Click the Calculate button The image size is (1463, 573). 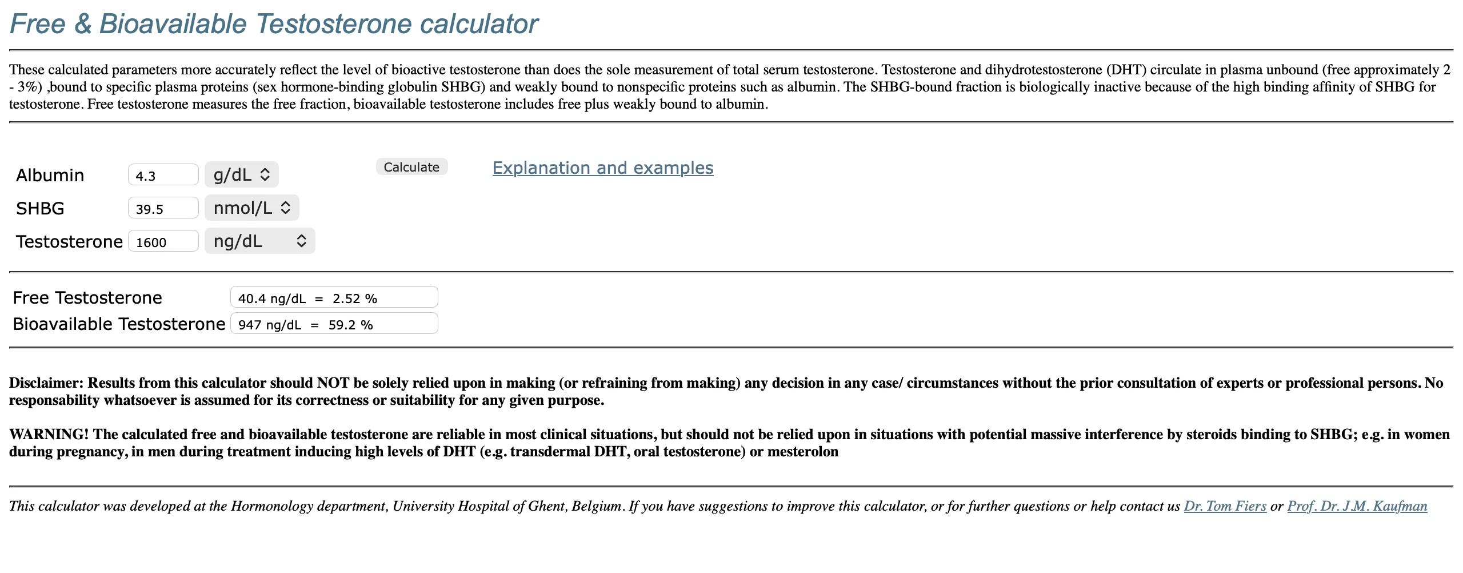(411, 167)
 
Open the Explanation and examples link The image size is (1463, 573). (603, 168)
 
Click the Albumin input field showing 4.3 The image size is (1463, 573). (163, 175)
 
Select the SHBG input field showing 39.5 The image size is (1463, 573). (163, 208)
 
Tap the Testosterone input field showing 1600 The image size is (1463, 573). (163, 241)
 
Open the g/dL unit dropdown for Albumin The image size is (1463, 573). (241, 175)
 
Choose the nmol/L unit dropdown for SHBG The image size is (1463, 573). (251, 208)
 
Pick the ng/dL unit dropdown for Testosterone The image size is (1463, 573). (259, 241)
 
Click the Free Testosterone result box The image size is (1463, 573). (334, 298)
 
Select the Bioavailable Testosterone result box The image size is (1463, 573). (334, 324)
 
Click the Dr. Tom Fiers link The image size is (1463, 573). (1225, 506)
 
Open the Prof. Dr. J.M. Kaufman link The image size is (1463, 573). (1357, 506)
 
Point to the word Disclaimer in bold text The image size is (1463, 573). (46, 383)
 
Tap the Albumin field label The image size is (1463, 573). (50, 175)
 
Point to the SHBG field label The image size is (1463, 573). (40, 208)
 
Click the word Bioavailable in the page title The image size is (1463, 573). (173, 24)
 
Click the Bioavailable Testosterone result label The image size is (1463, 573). (119, 324)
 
